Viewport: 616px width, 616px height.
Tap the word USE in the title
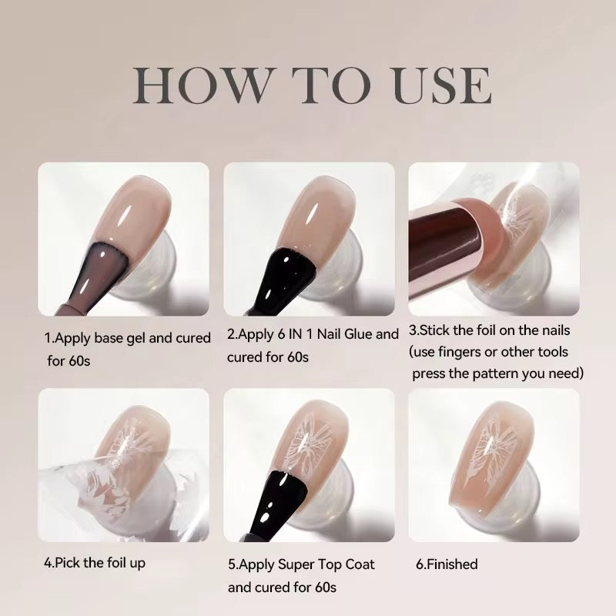pyautogui.click(x=442, y=85)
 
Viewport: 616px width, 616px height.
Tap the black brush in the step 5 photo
pyautogui.click(x=278, y=504)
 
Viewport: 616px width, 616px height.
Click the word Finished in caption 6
pyautogui.click(x=452, y=564)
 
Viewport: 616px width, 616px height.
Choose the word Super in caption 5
pyautogui.click(x=296, y=564)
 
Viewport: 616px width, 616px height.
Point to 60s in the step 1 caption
pyautogui.click(x=79, y=360)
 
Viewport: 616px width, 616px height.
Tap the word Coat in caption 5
pyautogui.click(x=360, y=564)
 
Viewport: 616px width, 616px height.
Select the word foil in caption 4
pyautogui.click(x=115, y=563)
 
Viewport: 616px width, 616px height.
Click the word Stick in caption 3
pyautogui.click(x=435, y=330)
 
